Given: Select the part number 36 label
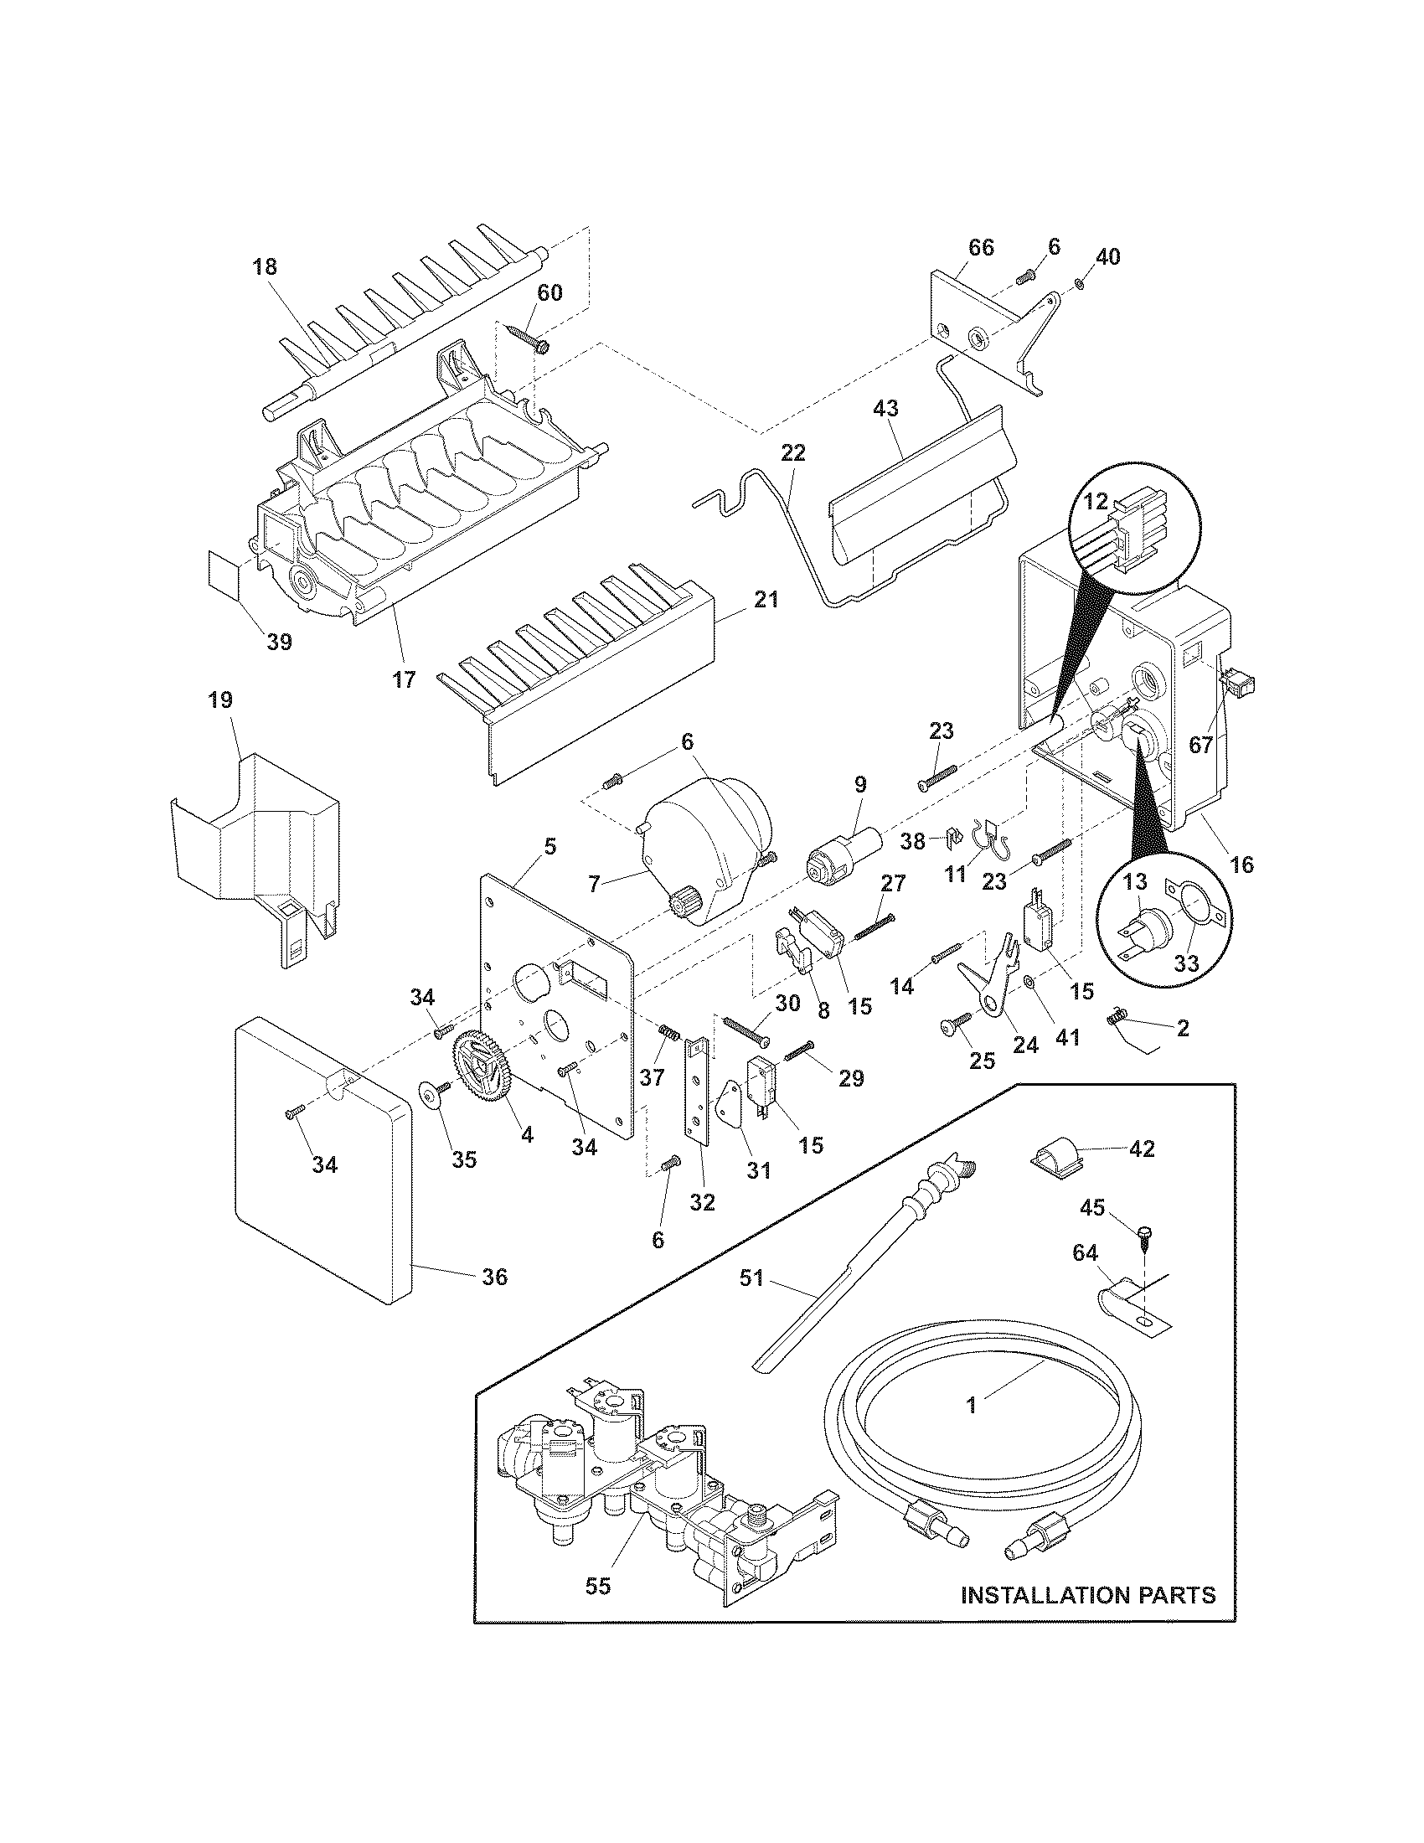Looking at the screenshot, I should (x=494, y=1278).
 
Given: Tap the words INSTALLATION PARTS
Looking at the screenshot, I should (x=1088, y=1595).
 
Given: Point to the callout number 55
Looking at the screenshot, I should (x=598, y=1587).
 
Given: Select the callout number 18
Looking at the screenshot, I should (x=264, y=267).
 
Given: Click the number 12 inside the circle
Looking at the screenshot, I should (x=1095, y=501).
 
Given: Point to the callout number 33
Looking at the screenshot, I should (x=1186, y=963).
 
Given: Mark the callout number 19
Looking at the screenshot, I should (x=221, y=700).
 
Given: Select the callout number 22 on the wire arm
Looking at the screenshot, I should (x=793, y=453).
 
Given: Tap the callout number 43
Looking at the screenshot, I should (x=885, y=409).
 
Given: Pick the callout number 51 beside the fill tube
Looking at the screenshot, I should (x=751, y=1278).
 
